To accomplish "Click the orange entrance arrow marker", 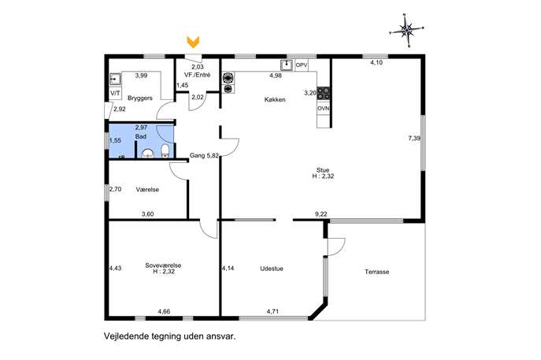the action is point(193,42).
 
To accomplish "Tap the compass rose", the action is point(407,31).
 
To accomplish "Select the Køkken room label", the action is point(275,100).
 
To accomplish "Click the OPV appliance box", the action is point(302,65).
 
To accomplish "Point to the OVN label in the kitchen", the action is point(324,109).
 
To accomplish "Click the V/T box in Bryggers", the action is point(115,93).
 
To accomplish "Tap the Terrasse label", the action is point(377,272).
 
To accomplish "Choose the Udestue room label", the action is point(272,269).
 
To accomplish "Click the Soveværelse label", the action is point(163,265).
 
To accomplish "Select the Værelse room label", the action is point(147,190).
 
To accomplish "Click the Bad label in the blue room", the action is point(141,137).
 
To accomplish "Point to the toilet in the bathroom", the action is point(165,150).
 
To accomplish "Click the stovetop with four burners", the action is point(324,93).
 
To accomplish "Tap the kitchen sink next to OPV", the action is point(287,65).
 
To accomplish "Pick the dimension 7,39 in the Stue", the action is point(414,139).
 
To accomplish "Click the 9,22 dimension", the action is point(321,214).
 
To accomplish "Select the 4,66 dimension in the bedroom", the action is point(165,311).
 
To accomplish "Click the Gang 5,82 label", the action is point(204,156).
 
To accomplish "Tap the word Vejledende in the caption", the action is point(126,336).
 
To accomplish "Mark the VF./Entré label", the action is point(198,75).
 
